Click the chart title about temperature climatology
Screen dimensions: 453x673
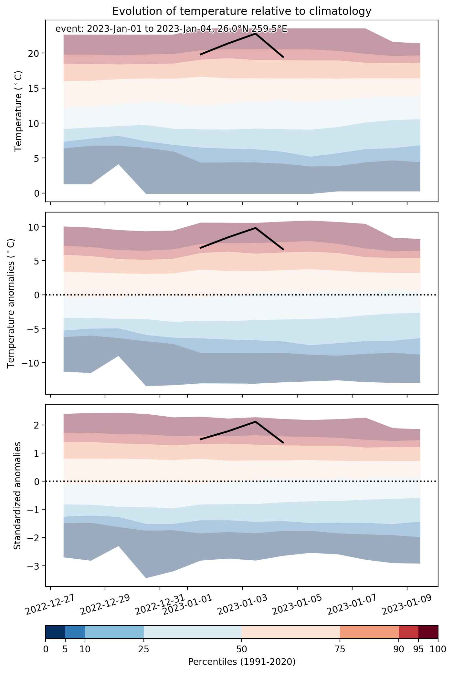[x=242, y=11]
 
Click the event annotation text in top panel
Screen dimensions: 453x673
[x=171, y=29]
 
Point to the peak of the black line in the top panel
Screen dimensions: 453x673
[x=255, y=33]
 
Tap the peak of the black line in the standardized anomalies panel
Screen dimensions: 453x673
[x=255, y=421]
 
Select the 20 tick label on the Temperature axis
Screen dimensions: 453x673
[x=36, y=53]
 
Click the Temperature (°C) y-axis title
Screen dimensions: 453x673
[x=18, y=111]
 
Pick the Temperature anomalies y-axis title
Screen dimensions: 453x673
[x=11, y=303]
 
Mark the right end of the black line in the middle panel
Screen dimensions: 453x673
[x=283, y=250]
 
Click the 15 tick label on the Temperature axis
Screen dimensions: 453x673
[x=36, y=88]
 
